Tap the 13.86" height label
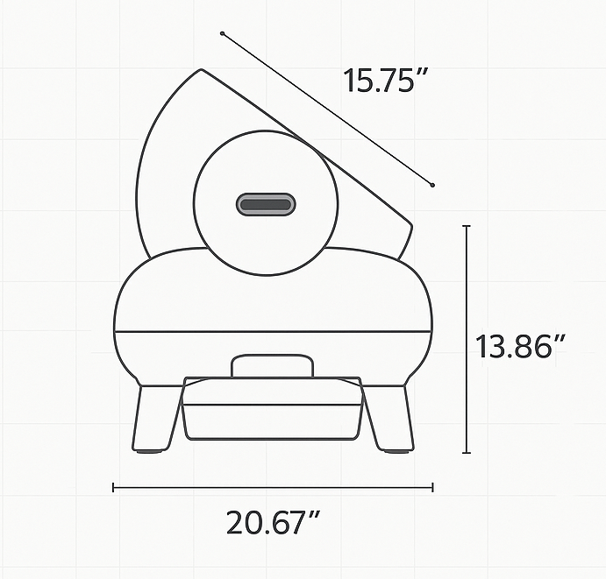[518, 346]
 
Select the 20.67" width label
[271, 523]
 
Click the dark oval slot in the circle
[266, 205]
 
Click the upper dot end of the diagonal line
[223, 34]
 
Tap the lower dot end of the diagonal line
[432, 184]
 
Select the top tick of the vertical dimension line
[467, 226]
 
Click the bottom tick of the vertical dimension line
[467, 453]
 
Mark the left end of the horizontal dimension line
[113, 488]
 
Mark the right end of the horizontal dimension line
[432, 488]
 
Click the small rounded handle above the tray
[272, 365]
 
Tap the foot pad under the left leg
[149, 451]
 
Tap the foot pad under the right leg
[396, 451]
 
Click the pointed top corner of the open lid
[202, 70]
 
